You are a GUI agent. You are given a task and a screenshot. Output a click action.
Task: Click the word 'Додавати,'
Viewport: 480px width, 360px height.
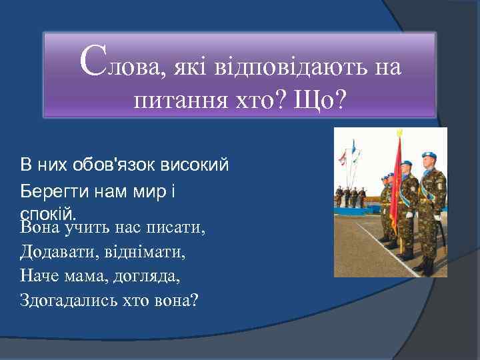[x=57, y=253]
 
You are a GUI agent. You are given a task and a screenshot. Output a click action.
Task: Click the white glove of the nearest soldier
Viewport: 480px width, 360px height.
[x=437, y=216]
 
